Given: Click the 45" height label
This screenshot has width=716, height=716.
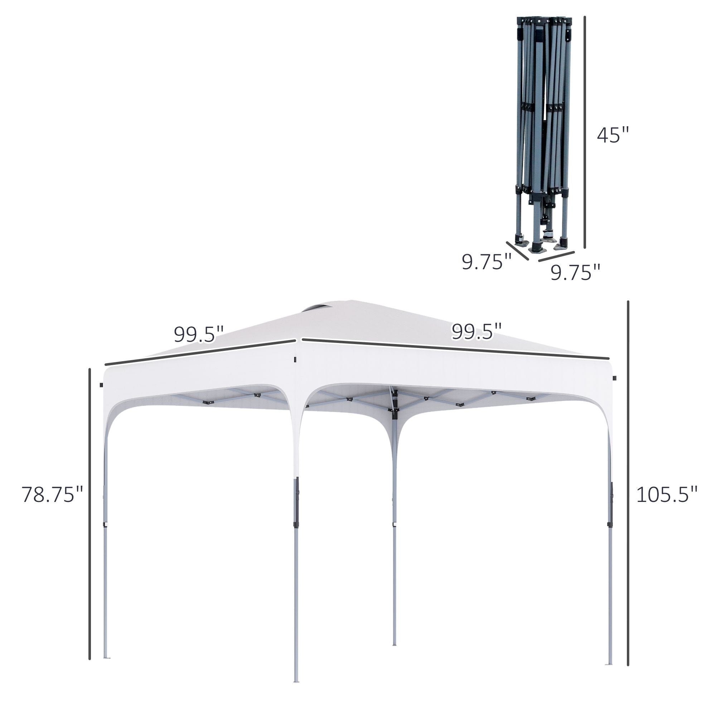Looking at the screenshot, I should (x=613, y=135).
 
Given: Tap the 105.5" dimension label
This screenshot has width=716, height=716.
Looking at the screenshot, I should (x=667, y=495).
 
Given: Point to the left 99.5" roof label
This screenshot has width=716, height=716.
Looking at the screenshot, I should (x=199, y=335).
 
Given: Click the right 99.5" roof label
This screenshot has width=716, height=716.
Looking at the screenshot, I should (x=476, y=331).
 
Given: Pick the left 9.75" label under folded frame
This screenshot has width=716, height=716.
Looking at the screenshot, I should (x=486, y=262).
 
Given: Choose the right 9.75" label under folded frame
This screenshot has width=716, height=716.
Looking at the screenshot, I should (x=575, y=272).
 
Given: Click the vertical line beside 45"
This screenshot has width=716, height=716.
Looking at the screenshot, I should (x=585, y=131).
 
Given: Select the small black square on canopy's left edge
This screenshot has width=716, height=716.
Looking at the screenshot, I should (x=101, y=385).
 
